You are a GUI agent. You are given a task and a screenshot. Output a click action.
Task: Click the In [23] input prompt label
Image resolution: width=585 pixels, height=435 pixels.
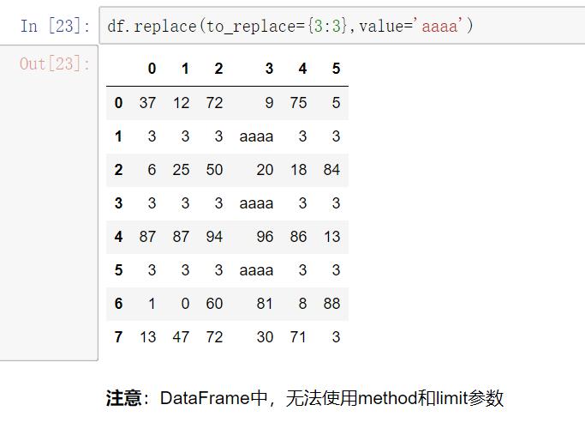click(x=55, y=26)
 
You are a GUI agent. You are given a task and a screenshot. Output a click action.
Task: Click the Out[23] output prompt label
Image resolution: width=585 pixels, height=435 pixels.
click(x=55, y=63)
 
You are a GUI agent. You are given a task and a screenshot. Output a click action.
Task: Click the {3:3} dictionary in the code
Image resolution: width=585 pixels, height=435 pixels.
click(x=327, y=26)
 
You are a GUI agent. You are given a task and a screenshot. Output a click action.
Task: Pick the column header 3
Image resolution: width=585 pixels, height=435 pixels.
click(x=269, y=69)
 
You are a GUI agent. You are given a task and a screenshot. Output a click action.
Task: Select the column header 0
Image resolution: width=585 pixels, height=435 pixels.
click(x=152, y=69)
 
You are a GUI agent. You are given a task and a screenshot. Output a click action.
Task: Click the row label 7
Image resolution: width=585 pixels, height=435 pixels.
click(x=118, y=336)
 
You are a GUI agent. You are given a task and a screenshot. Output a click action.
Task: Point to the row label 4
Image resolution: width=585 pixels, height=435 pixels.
click(x=118, y=237)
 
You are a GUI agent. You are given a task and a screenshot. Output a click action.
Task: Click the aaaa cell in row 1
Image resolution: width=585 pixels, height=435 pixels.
click(x=256, y=136)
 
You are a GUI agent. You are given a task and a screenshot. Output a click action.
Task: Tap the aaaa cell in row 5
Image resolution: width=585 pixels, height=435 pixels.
click(x=256, y=270)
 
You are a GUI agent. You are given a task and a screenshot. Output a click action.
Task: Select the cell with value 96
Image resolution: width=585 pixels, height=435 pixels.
click(x=265, y=237)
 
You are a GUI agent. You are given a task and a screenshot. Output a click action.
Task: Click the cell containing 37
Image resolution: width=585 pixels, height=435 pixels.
click(x=147, y=103)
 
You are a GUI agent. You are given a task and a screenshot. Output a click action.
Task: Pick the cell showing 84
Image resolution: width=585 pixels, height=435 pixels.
click(x=331, y=170)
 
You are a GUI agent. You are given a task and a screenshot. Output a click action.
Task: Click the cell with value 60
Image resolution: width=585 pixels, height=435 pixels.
click(x=214, y=304)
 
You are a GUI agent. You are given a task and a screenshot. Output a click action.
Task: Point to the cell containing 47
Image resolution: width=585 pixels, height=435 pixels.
click(x=181, y=336)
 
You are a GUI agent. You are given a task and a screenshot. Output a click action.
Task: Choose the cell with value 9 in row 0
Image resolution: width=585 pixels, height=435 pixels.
click(x=269, y=103)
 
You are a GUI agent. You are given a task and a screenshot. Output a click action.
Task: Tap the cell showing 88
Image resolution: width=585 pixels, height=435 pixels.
click(x=331, y=304)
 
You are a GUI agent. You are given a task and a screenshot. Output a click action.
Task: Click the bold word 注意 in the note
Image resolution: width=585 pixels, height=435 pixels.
click(x=123, y=398)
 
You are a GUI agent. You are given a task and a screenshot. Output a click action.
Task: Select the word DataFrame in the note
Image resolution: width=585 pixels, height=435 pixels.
click(x=205, y=398)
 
